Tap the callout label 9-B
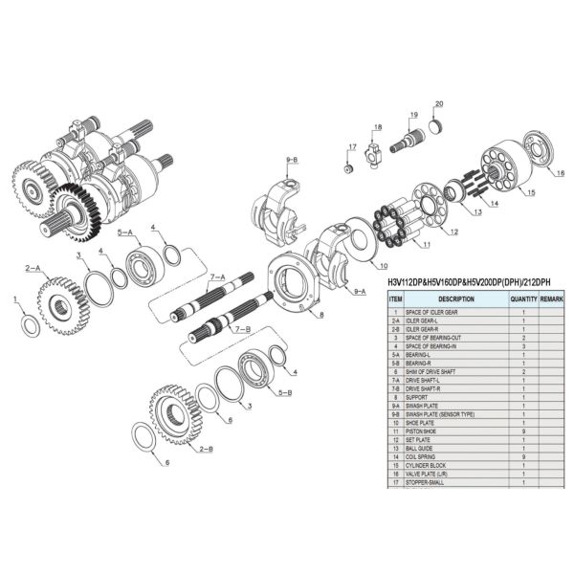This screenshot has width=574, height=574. pos(292,159)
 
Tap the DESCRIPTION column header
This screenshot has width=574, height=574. pos(455,299)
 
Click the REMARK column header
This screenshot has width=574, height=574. pos(551,299)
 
